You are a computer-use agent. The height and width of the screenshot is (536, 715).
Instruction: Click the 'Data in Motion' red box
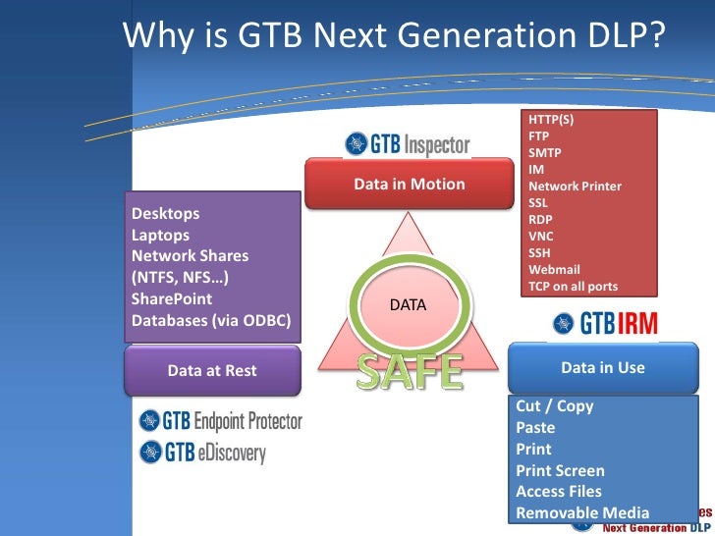click(x=409, y=185)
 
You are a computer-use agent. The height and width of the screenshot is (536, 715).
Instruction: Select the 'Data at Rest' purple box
click(x=211, y=370)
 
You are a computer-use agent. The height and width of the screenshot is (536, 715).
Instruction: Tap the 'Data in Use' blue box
click(x=601, y=368)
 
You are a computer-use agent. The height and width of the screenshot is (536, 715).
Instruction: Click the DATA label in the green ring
click(x=408, y=305)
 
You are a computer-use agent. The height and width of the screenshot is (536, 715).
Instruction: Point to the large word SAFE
click(x=409, y=370)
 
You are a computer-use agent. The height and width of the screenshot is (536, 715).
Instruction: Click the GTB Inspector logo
click(x=408, y=145)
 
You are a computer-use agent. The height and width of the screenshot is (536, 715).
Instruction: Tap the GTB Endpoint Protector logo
click(x=221, y=422)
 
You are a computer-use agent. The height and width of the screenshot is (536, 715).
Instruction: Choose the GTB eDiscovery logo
click(x=202, y=453)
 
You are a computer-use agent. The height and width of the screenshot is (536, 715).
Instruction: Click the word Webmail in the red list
click(x=554, y=269)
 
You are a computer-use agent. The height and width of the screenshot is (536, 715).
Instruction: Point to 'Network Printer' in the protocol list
click(x=575, y=187)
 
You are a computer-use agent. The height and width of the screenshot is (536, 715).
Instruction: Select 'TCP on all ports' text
click(x=574, y=287)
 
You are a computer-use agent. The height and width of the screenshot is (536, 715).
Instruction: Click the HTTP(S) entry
click(x=550, y=120)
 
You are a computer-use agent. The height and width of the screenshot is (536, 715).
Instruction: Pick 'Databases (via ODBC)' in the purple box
click(x=210, y=320)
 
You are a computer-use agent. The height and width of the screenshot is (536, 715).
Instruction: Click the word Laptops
click(x=160, y=235)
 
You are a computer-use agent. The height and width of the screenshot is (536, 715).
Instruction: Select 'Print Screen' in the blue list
click(x=560, y=470)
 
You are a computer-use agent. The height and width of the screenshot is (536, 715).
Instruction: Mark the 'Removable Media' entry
click(x=582, y=512)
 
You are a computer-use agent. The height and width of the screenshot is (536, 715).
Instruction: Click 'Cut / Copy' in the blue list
click(x=554, y=405)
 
